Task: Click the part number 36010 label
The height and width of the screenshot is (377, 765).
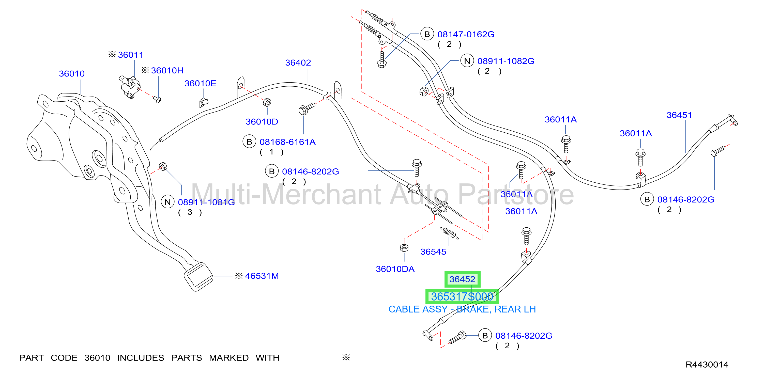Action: pos(72,73)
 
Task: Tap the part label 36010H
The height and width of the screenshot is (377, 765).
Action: pos(167,70)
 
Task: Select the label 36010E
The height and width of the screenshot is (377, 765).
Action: pos(200,83)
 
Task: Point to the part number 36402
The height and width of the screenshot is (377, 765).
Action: pos(298,63)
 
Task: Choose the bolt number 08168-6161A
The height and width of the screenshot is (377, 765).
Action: pos(287,142)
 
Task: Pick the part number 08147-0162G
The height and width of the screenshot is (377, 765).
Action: pos(466,35)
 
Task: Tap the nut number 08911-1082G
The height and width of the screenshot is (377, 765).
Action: pos(506,61)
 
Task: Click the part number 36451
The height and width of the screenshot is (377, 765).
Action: pos(679,115)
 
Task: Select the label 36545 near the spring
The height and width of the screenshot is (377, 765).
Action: pos(433,252)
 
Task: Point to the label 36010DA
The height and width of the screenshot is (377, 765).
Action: pos(395,269)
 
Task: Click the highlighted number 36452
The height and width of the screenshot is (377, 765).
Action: pos(462,279)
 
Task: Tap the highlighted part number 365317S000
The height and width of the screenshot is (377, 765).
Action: pos(462,296)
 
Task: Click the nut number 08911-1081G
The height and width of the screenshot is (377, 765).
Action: pos(206,202)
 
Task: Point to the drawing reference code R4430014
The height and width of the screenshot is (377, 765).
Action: pos(707,365)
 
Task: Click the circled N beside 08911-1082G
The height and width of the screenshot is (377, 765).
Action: pos(467,61)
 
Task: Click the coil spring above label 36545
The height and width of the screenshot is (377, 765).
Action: pos(449,233)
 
